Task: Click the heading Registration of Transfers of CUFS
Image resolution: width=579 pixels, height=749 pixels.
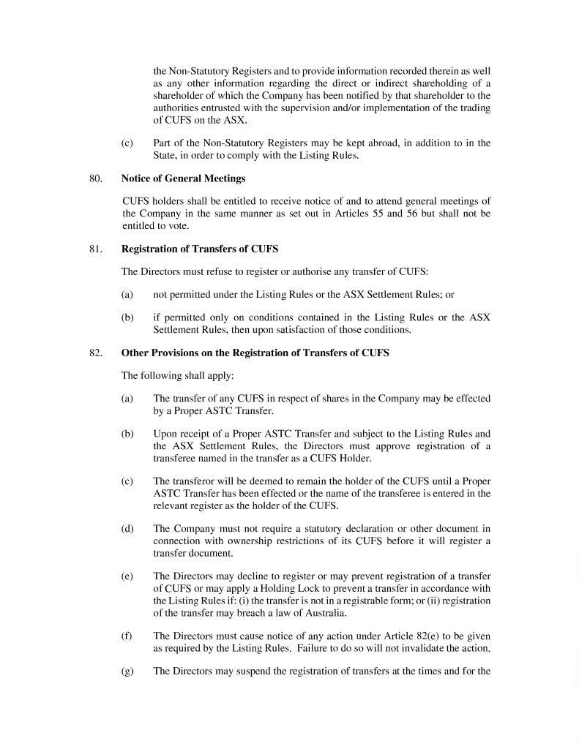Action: (x=199, y=249)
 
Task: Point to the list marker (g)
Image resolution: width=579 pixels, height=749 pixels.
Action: (x=127, y=671)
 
